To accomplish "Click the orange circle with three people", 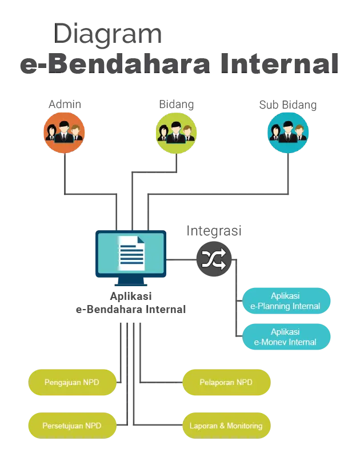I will click(x=65, y=133).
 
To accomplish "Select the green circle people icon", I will click(x=176, y=133).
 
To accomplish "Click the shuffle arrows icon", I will click(x=214, y=260).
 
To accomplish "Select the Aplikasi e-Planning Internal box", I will click(x=286, y=302).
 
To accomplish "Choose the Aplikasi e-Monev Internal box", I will click(x=286, y=337).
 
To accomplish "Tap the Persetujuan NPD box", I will click(x=72, y=426).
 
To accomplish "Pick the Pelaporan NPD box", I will click(x=226, y=382).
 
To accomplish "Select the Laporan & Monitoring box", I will click(x=226, y=426).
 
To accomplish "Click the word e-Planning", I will click(x=273, y=307).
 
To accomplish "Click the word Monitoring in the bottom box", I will click(x=244, y=426).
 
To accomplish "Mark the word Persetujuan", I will click(x=63, y=426).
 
